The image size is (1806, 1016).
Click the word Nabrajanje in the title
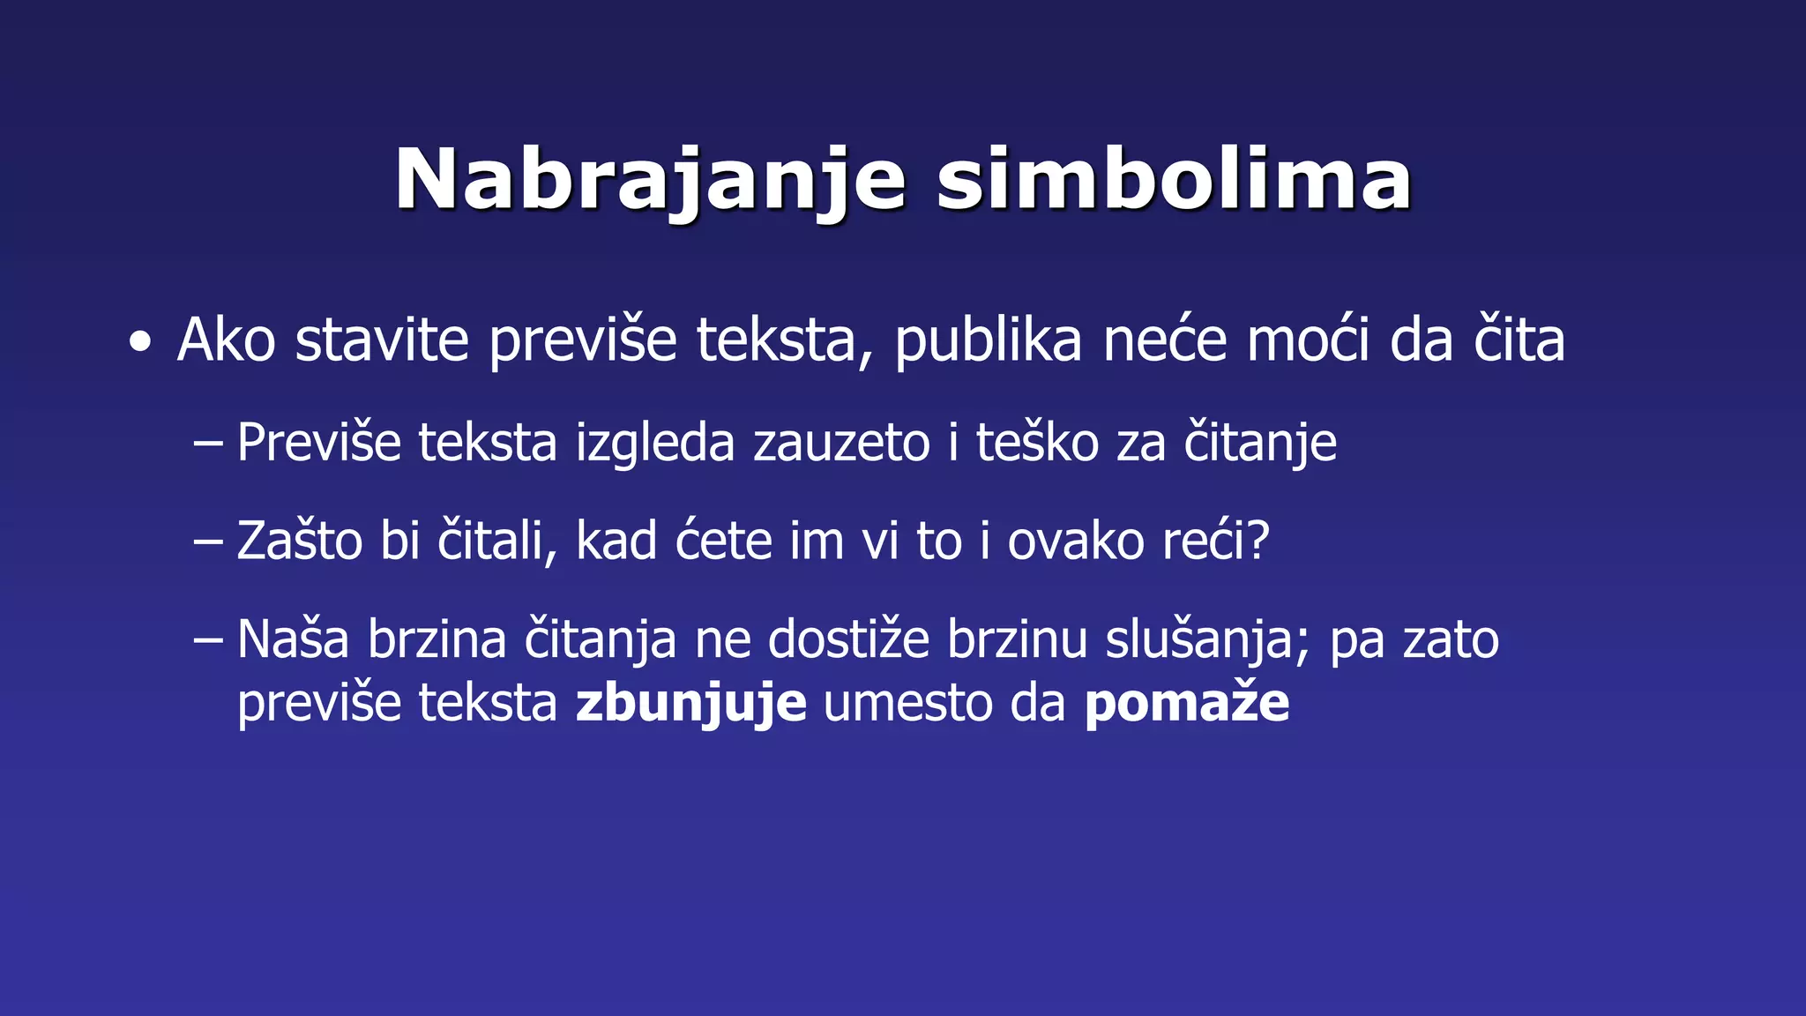click(650, 182)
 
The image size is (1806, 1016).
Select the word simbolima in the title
click(1174, 180)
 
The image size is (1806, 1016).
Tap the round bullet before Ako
click(139, 342)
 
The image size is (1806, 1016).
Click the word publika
click(988, 341)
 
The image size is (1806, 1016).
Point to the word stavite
click(381, 340)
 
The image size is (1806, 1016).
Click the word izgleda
click(654, 444)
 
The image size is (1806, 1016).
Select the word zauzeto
click(841, 442)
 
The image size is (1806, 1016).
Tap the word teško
click(1037, 442)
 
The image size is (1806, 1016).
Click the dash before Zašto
click(207, 541)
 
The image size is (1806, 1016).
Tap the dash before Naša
click(207, 639)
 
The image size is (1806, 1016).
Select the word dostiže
click(848, 639)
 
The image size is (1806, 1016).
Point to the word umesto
click(907, 703)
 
